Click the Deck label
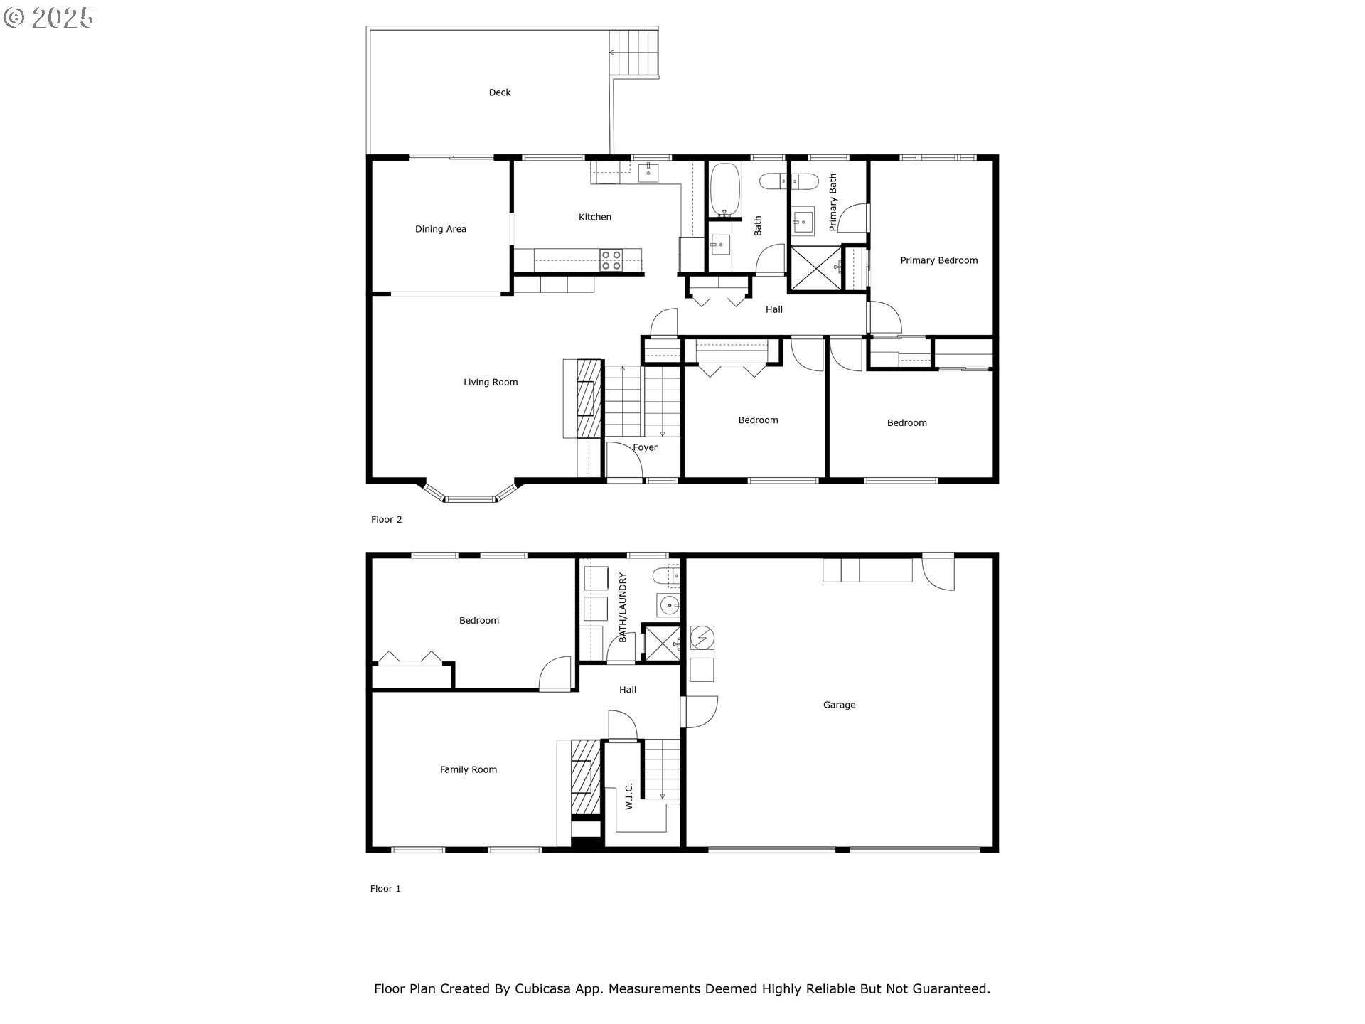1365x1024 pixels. tap(499, 92)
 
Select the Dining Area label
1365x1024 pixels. tap(440, 229)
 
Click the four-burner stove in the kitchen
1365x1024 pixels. tap(611, 260)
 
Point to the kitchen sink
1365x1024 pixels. tap(648, 171)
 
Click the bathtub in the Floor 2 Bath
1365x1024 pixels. tap(726, 190)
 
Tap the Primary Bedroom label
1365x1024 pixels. tap(938, 260)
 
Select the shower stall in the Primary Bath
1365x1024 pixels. tap(815, 268)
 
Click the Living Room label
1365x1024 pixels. tap(490, 383)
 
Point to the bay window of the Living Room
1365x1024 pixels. tap(470, 496)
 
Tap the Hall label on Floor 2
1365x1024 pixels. tap(773, 309)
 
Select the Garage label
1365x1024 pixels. tap(839, 705)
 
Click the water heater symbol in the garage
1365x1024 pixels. tap(702, 638)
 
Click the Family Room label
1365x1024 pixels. tap(468, 769)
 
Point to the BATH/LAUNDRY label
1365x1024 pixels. tap(623, 607)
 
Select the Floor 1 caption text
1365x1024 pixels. tap(385, 889)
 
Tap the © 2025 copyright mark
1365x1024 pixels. tap(48, 17)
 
